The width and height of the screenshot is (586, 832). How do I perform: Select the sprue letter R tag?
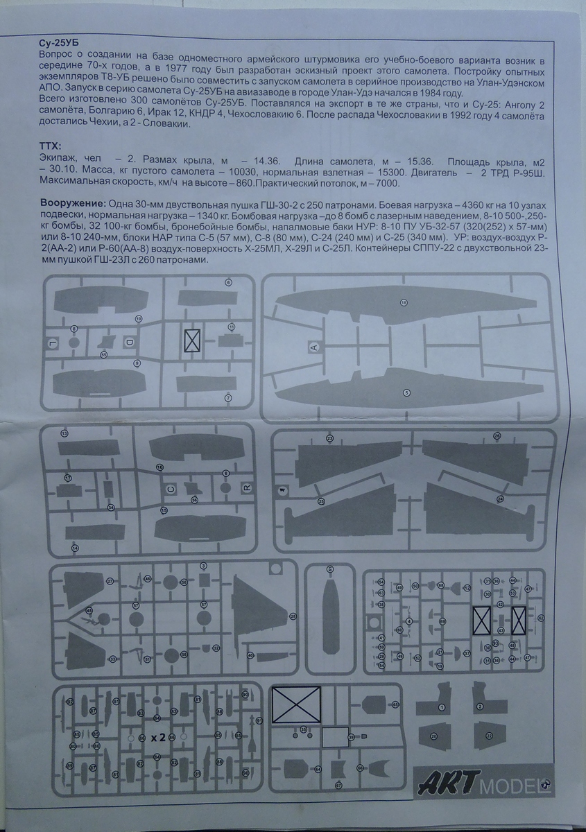[x=246, y=487]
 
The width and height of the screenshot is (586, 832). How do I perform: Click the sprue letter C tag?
[x=171, y=489]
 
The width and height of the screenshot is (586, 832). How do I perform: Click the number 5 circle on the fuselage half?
[x=406, y=392]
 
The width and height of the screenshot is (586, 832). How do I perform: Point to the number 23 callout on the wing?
[x=330, y=438]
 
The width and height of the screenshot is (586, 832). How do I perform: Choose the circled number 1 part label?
[x=441, y=708]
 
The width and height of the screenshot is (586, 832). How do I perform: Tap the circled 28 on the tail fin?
[x=293, y=616]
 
